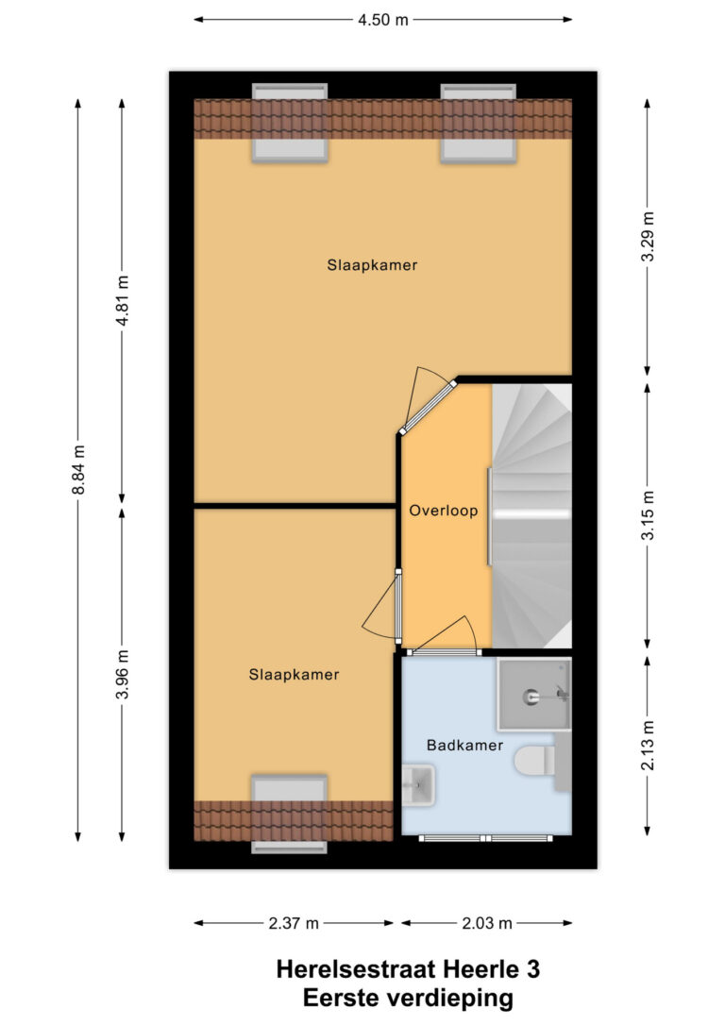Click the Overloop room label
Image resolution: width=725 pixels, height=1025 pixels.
444,511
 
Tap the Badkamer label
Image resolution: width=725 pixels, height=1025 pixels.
464,746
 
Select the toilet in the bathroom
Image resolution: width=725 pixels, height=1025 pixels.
534,761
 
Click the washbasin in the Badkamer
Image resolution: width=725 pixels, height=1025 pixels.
418,784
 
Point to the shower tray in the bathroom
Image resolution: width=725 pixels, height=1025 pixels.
533,695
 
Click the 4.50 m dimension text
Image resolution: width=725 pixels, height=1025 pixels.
382,20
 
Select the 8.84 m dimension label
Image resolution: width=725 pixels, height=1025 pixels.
78,470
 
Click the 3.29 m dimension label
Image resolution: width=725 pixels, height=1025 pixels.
648,237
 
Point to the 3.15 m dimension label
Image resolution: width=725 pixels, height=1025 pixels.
648,515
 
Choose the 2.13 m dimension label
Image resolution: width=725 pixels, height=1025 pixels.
648,746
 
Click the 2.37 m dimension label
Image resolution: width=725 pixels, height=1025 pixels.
294,923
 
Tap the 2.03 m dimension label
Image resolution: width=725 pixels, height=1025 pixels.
487,923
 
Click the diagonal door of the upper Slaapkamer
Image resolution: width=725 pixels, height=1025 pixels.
429,407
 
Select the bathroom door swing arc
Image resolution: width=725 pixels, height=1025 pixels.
445,632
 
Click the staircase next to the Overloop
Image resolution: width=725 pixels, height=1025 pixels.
531,515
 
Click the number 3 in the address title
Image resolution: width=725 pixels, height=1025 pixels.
532,968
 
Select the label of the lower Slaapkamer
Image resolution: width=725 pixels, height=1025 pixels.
294,675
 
